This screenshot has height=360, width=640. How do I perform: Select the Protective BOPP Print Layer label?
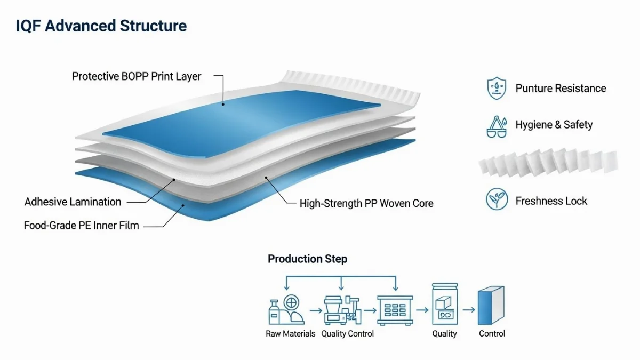(x=137, y=76)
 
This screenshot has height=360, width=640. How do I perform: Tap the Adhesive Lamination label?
(x=73, y=202)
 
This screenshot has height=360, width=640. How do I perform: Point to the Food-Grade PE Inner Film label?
(x=81, y=225)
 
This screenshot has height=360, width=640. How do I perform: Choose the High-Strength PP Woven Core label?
(x=366, y=203)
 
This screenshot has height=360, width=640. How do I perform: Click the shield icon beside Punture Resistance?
(x=497, y=89)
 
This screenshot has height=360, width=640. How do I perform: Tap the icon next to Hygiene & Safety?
(x=497, y=126)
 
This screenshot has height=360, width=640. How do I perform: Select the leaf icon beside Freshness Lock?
(x=497, y=200)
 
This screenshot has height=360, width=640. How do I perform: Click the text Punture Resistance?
(x=561, y=89)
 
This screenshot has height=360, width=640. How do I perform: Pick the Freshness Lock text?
(x=551, y=201)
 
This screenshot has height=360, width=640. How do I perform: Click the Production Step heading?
(x=307, y=259)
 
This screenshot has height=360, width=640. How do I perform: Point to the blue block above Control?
(x=491, y=305)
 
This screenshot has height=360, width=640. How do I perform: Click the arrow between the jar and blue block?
(x=468, y=309)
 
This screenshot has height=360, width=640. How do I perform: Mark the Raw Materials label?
(x=291, y=334)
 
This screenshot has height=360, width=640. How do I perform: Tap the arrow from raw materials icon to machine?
(x=315, y=309)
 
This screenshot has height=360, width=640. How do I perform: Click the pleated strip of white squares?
(x=549, y=162)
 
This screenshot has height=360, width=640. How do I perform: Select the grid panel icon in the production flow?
(x=395, y=309)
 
